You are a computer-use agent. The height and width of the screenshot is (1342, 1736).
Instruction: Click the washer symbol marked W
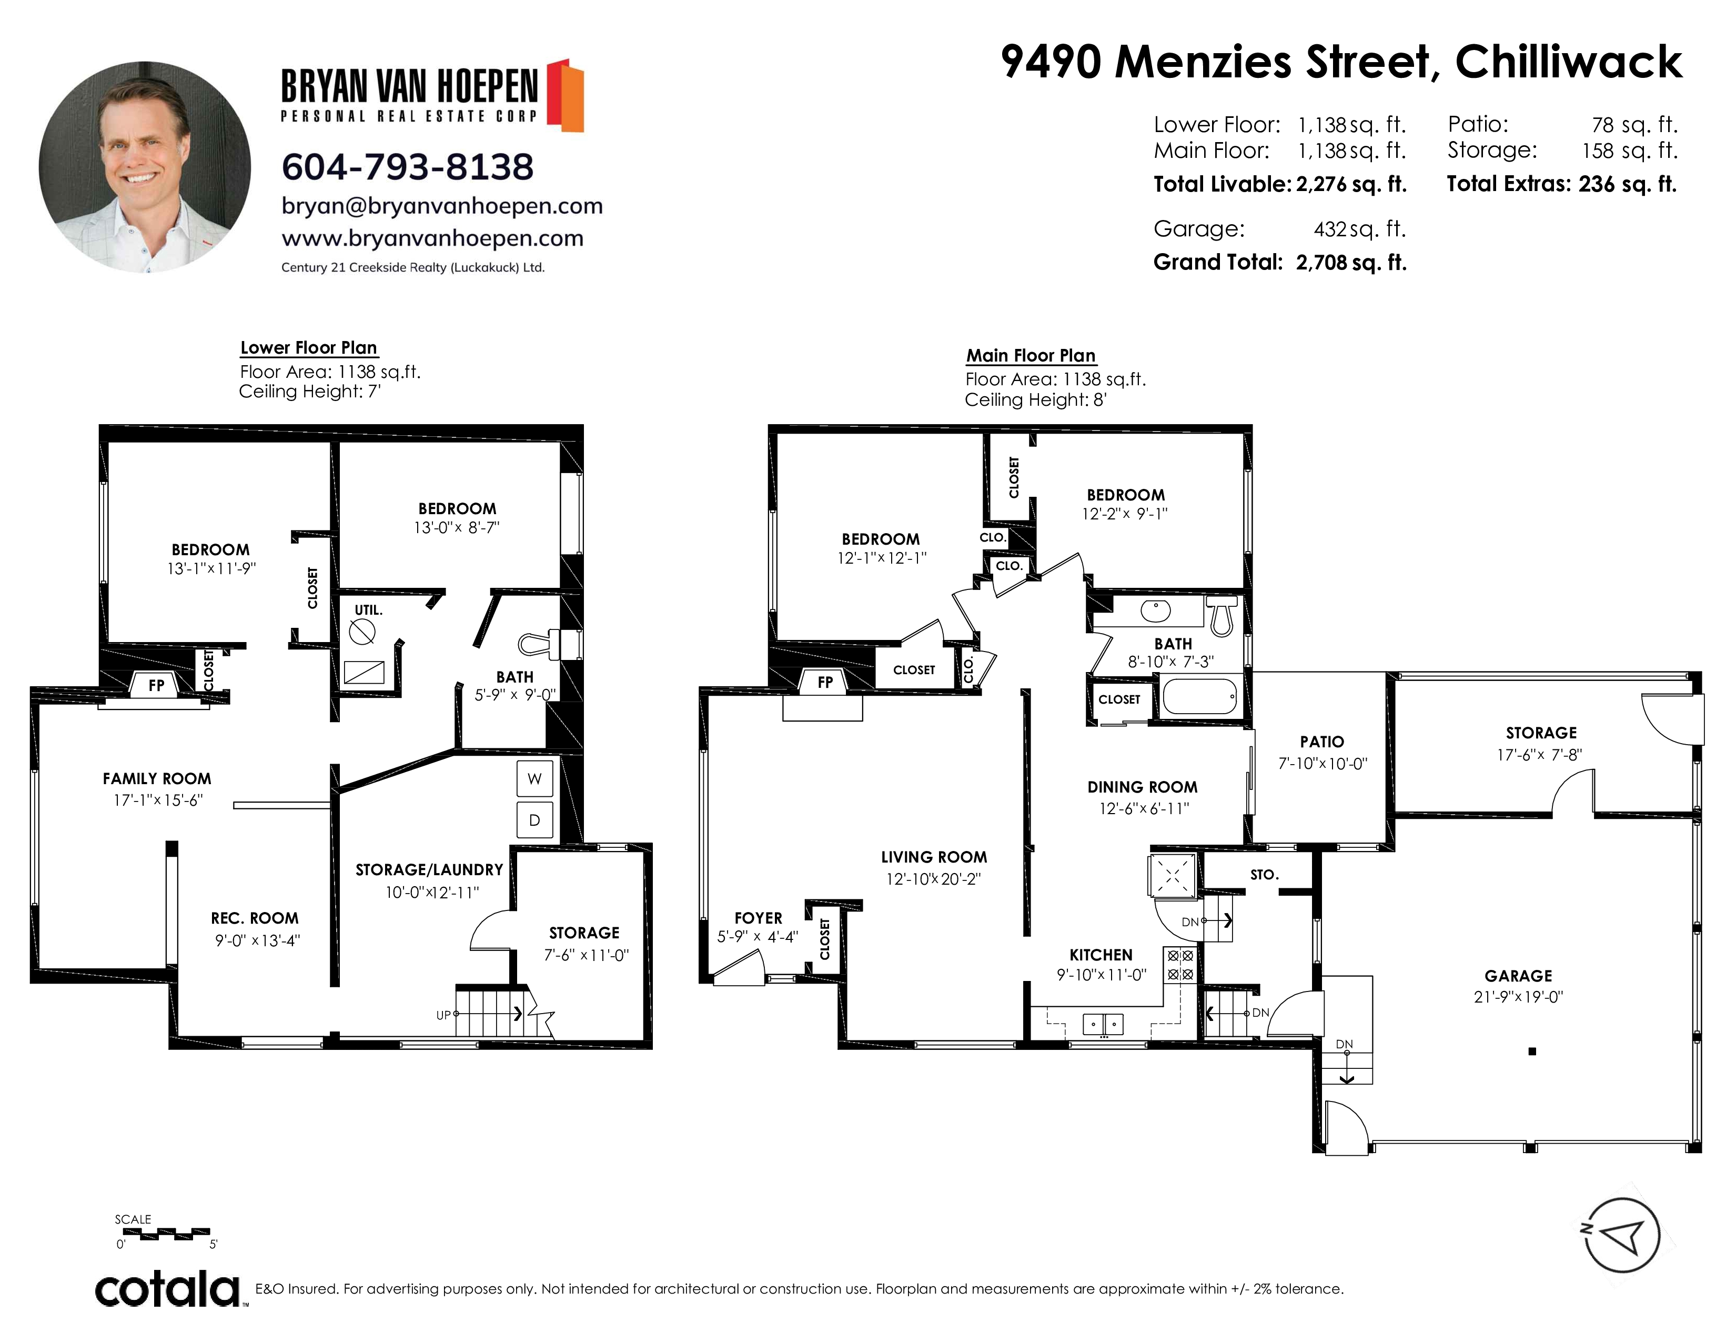click(534, 778)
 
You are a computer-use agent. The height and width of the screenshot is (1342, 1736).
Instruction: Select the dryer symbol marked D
click(534, 819)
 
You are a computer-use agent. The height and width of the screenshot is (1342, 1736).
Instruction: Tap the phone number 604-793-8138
click(408, 167)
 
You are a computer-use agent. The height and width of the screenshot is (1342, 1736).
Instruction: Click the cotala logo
click(168, 1289)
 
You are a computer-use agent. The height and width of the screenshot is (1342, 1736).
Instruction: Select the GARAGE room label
click(1518, 976)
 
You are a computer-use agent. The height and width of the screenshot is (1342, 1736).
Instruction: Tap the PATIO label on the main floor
click(1322, 742)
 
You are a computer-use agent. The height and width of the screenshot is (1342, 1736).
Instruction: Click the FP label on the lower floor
click(157, 685)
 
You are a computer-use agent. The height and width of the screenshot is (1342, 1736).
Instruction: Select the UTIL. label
click(368, 610)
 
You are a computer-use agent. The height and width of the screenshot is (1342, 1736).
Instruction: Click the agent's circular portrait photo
click(145, 167)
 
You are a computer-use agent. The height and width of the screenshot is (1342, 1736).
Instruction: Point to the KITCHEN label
click(1101, 955)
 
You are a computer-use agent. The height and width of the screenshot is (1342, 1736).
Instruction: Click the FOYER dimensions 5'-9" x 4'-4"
click(758, 937)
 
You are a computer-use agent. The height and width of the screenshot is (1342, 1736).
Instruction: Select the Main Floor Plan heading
click(1031, 355)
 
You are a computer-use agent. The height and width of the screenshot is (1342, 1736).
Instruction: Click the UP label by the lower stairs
click(443, 1015)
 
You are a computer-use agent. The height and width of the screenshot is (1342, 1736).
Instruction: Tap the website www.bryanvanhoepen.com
click(432, 238)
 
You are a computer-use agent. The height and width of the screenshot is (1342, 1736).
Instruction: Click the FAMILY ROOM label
click(157, 778)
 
